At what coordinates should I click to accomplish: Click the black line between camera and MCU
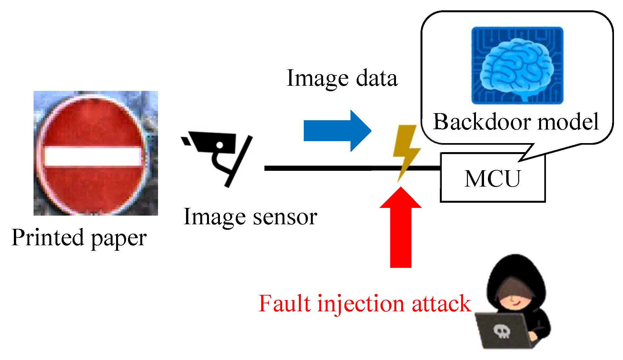point(322,168)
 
